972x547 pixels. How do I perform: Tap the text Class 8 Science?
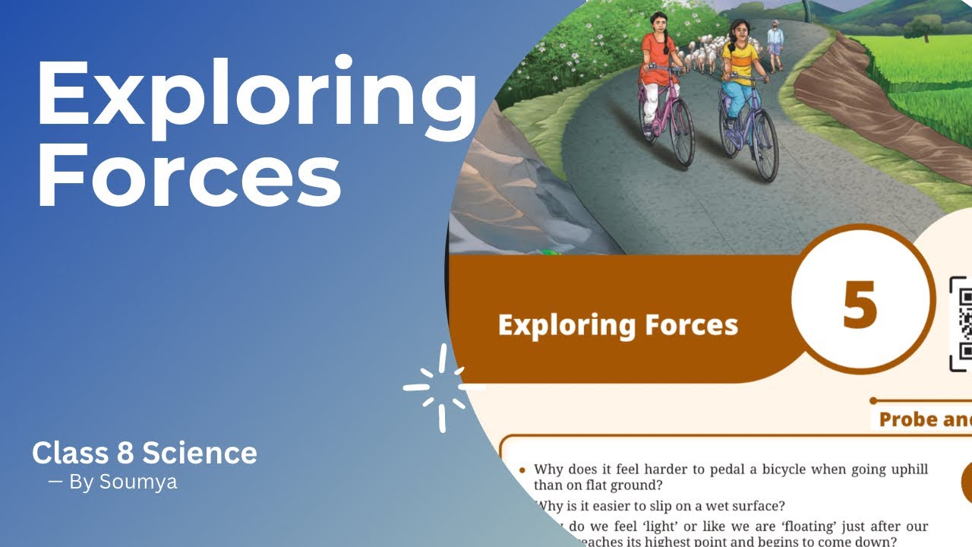[144, 454]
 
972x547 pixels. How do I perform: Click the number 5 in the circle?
[860, 305]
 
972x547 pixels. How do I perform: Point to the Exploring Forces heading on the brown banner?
[617, 325]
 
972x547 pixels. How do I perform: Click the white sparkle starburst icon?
[441, 387]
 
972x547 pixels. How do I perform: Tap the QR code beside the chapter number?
[962, 323]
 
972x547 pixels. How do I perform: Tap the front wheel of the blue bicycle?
[765, 146]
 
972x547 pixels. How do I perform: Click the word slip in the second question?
[666, 506]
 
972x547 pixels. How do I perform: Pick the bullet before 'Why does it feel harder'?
[522, 471]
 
